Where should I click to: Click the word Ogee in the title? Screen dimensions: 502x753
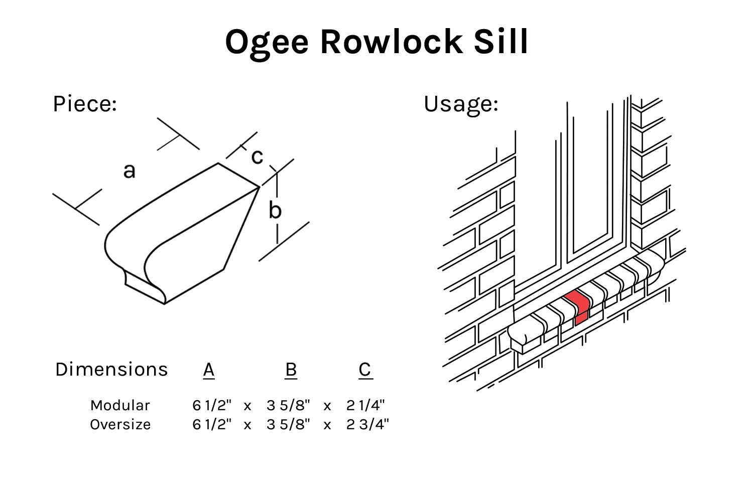click(266, 42)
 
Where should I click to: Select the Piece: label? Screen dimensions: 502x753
click(85, 104)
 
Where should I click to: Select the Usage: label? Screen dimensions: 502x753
click(461, 104)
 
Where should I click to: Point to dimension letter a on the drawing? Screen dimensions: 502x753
click(129, 171)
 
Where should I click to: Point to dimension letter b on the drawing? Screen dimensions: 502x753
click(275, 210)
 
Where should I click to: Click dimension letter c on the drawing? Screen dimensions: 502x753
click(257, 156)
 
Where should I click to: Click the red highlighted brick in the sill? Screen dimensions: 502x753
click(579, 307)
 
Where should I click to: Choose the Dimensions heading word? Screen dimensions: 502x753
click(111, 369)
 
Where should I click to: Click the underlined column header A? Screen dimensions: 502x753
click(209, 370)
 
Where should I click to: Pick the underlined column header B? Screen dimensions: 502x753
click(291, 370)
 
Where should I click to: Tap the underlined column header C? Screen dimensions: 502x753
click(365, 370)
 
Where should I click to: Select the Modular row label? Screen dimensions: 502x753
click(120, 405)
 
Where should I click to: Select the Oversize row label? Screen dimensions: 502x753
click(120, 424)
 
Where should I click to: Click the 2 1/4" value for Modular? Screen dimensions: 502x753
click(365, 405)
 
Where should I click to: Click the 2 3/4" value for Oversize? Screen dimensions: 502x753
click(367, 424)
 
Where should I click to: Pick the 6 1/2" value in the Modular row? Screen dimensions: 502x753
click(212, 405)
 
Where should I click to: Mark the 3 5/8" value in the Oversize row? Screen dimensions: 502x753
click(288, 424)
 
